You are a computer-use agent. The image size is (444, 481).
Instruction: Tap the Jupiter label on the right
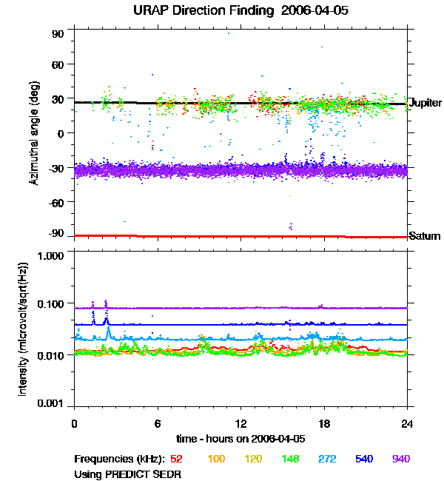(425, 103)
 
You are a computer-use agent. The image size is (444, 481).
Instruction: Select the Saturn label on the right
(425, 236)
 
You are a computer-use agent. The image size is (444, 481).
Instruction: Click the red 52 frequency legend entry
(177, 460)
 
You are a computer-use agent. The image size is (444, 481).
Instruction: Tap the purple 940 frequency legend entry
(400, 460)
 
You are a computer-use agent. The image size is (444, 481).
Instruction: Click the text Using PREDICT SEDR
(128, 473)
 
